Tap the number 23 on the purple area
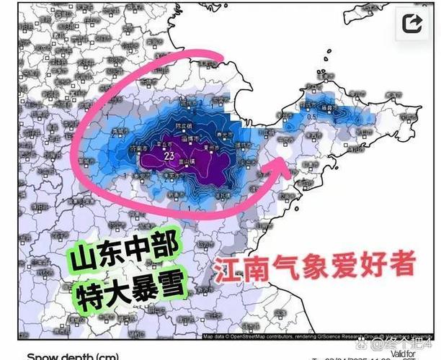pyautogui.click(x=170, y=155)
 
